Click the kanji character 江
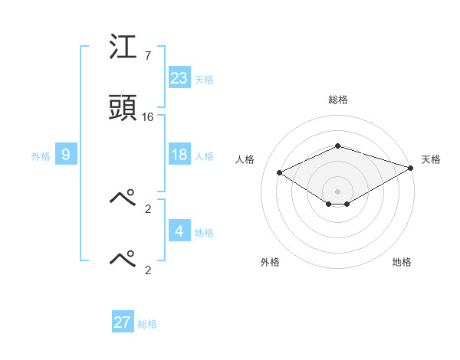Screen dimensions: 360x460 [123, 51]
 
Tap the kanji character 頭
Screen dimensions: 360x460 [123, 108]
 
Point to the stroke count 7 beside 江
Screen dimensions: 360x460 [147, 56]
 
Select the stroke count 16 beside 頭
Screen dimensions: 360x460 [148, 116]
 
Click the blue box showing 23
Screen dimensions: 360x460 [179, 78]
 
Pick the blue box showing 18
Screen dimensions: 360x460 [179, 155]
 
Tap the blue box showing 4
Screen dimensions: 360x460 [179, 231]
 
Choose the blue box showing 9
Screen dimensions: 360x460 [66, 155]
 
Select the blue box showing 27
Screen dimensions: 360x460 [123, 322]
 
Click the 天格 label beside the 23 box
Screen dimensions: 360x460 [204, 80]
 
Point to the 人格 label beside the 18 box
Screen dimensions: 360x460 [204, 156]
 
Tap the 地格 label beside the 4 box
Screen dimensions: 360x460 [204, 232]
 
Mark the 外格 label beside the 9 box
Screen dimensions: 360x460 [41, 156]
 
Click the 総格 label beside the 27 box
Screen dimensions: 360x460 [147, 324]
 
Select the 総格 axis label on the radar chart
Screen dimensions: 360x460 [337, 100]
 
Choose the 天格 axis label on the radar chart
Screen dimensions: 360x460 [432, 159]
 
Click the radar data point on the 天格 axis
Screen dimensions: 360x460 [411, 168]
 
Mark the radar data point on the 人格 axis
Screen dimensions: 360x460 [280, 172]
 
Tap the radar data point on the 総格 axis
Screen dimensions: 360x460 [337, 145]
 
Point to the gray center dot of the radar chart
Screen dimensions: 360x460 [337, 191]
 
